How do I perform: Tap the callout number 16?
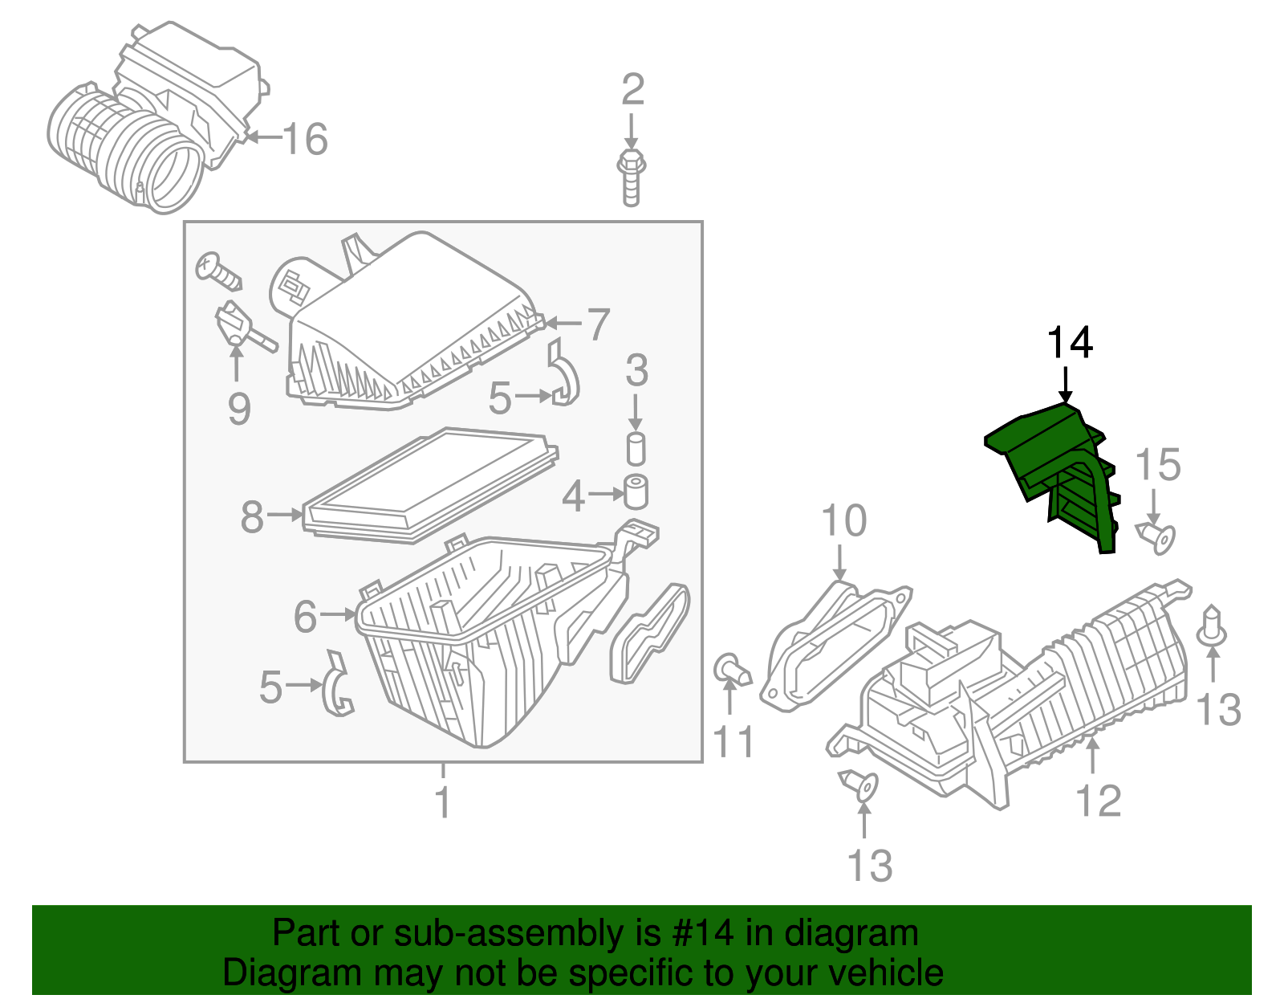point(305,139)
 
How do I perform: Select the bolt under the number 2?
point(632,177)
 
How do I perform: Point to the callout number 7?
point(598,324)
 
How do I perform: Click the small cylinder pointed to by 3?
point(636,448)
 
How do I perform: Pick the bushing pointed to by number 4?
point(636,491)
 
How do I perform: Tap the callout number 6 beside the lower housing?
point(305,617)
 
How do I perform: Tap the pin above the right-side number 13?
point(1212,628)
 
